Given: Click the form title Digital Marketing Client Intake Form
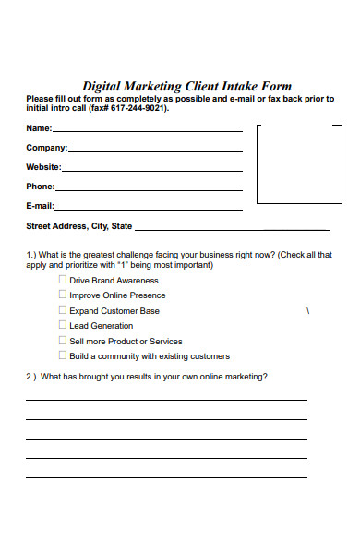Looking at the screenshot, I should pyautogui.click(x=186, y=87).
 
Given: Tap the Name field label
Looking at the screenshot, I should pyautogui.click(x=39, y=128).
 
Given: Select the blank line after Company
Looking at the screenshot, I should pyautogui.click(x=155, y=150).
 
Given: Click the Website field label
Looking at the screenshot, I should pyautogui.click(x=43, y=167).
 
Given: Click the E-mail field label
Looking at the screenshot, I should pyautogui.click(x=40, y=206).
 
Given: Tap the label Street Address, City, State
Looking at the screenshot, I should pyautogui.click(x=78, y=226).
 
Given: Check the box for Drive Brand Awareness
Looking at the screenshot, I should pyautogui.click(x=63, y=280).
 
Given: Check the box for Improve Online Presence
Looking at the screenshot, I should pyautogui.click(x=63, y=295).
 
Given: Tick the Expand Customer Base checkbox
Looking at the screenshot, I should pyautogui.click(x=63, y=310).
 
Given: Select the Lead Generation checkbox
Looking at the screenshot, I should pyautogui.click(x=63, y=325).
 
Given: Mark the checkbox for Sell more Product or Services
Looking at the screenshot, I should pyautogui.click(x=63, y=341).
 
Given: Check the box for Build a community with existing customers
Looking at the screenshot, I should pyautogui.click(x=63, y=355).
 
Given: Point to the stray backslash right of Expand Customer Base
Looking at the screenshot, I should pyautogui.click(x=306, y=311).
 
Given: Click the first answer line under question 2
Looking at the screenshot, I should pyautogui.click(x=166, y=400).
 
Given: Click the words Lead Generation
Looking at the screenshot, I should pyautogui.click(x=101, y=326).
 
